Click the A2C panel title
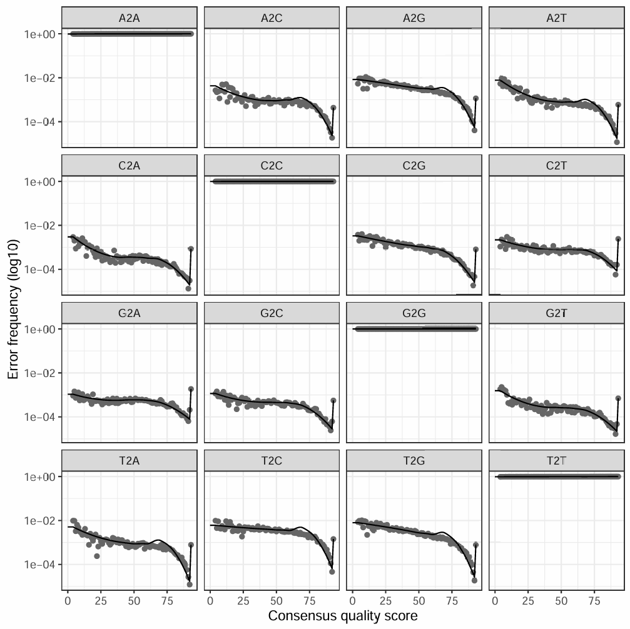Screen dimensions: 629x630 point(272,18)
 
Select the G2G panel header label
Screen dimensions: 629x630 point(414,313)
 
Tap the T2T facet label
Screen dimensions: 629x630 point(556,461)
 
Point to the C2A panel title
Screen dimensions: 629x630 point(130,166)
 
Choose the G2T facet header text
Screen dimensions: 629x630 point(556,313)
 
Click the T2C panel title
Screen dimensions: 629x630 point(272,461)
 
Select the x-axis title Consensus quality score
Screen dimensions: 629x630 point(343,616)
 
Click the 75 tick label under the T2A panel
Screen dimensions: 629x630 point(166,598)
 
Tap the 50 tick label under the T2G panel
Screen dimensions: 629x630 point(419,598)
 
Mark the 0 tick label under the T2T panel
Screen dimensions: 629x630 point(495,598)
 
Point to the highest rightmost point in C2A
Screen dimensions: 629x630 point(190,249)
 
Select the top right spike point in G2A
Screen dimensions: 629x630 point(190,389)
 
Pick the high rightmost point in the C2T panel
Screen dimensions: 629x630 point(618,239)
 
